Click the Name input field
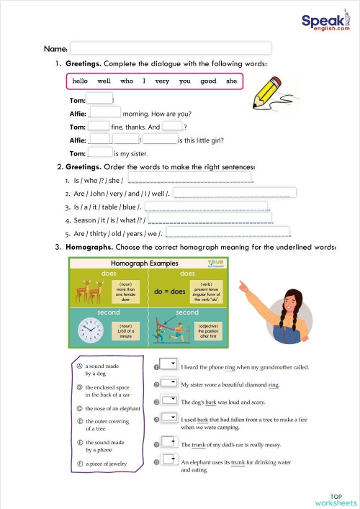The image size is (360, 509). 170,48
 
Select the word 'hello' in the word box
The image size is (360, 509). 80,81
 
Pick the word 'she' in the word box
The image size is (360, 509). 231,81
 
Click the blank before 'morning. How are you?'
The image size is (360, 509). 105,112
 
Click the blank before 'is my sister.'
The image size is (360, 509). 99,153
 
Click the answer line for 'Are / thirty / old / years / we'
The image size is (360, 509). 232,233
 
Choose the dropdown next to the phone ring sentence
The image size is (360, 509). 169,364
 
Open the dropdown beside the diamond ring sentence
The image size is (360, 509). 169,382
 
